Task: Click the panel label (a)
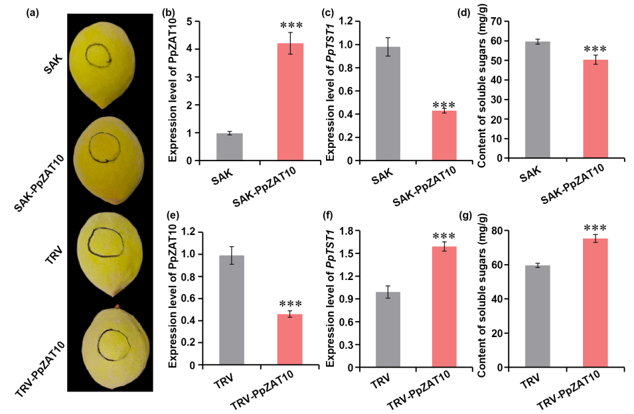point(35,11)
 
